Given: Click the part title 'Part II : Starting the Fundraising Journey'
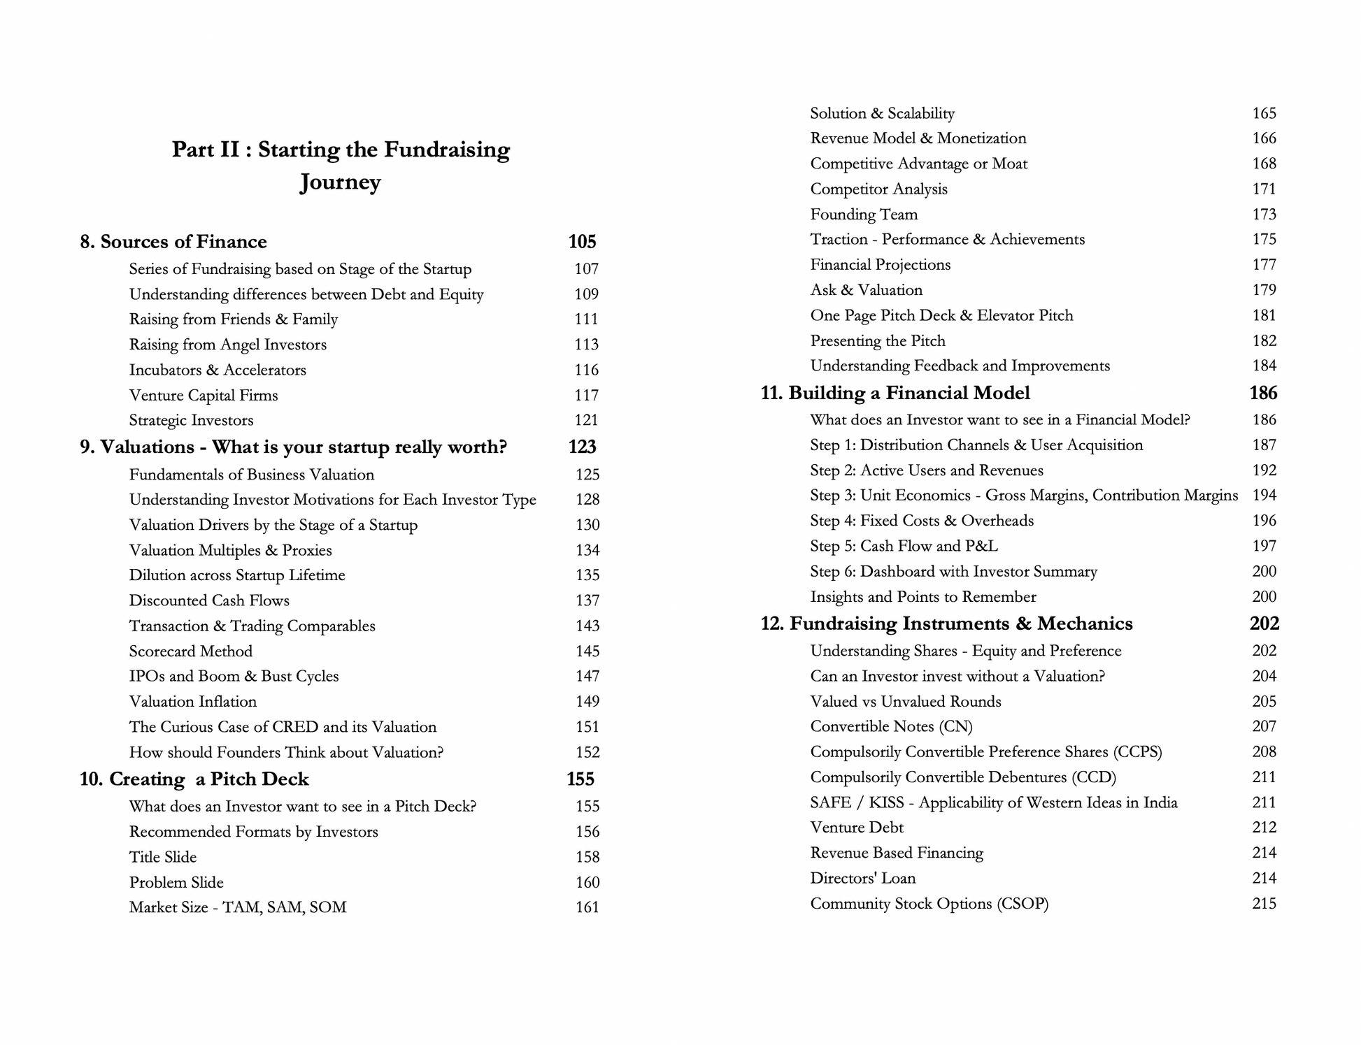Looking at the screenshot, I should (341, 165).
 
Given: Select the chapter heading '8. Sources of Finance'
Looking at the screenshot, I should (173, 242).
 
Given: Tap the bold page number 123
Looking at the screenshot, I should (582, 447).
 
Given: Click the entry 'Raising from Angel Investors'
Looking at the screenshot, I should (227, 345).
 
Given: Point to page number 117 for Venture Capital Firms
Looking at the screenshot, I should (586, 396).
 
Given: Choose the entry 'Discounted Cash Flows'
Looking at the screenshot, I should (209, 600).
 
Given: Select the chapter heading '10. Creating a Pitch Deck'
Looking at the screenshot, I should (194, 779).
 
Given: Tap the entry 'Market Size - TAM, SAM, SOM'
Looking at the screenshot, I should (238, 907).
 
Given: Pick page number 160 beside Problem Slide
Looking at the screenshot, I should (587, 883).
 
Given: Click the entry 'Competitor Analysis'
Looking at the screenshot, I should (878, 189).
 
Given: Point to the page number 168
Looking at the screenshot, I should (1264, 164).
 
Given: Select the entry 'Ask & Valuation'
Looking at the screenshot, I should (866, 290).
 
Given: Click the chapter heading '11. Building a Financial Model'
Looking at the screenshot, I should (895, 394).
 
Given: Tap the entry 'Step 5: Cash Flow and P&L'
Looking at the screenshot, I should (904, 546).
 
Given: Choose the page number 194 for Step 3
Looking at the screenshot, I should (1264, 496).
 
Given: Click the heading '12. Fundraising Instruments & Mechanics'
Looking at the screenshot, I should (946, 624).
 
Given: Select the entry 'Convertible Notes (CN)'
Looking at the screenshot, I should (891, 726).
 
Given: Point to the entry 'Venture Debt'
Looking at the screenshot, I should (857, 828).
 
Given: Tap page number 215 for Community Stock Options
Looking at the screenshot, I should (1264, 904).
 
